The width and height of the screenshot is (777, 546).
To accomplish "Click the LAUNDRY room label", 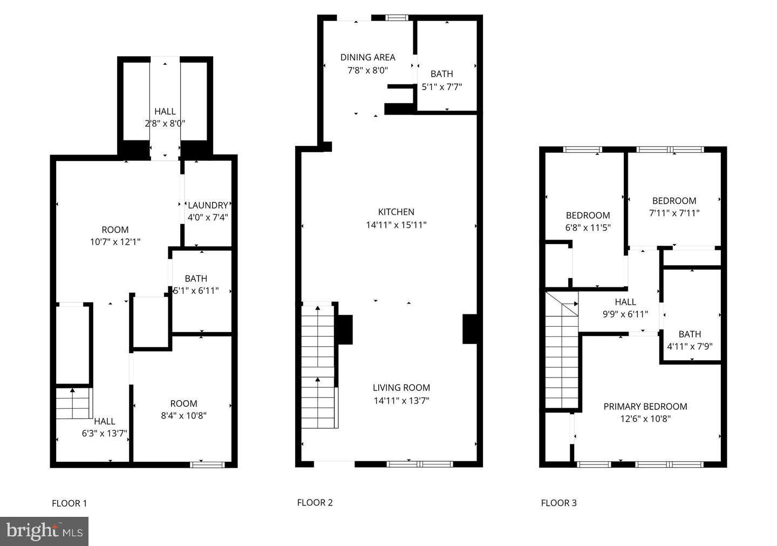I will coord(208,205).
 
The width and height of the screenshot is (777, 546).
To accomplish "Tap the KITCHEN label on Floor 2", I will coord(396,212).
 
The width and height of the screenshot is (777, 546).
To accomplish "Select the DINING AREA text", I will coord(367,57).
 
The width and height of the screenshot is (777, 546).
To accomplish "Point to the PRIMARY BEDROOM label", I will coord(645,407).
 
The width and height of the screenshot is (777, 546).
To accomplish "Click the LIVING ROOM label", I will coord(401,388).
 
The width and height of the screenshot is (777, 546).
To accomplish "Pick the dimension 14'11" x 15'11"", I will coord(396,225).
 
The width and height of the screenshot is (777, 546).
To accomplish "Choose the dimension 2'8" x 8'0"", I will coord(165,123).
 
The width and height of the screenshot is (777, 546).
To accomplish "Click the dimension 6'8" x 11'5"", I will coord(588,228).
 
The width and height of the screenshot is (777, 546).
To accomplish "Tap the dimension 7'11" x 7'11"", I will coord(674,213).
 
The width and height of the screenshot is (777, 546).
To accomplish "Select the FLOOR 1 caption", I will coord(69,503).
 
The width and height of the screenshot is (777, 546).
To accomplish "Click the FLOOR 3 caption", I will coord(558,503).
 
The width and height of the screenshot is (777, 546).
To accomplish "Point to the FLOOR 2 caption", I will coord(315,502).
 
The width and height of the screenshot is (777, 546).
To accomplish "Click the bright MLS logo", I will coord(44,531).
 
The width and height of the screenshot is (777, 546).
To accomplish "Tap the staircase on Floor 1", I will coord(73,403).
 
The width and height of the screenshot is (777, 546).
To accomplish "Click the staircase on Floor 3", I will coord(562,356).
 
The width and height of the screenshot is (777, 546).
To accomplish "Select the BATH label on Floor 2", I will coord(441,74).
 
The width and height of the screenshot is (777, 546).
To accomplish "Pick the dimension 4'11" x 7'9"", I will coord(690,347).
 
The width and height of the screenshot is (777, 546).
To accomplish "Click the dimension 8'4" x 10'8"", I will coord(183,416).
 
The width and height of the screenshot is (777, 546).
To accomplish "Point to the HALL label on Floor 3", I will coord(625,302).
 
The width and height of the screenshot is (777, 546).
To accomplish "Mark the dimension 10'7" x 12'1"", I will coord(115,242).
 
